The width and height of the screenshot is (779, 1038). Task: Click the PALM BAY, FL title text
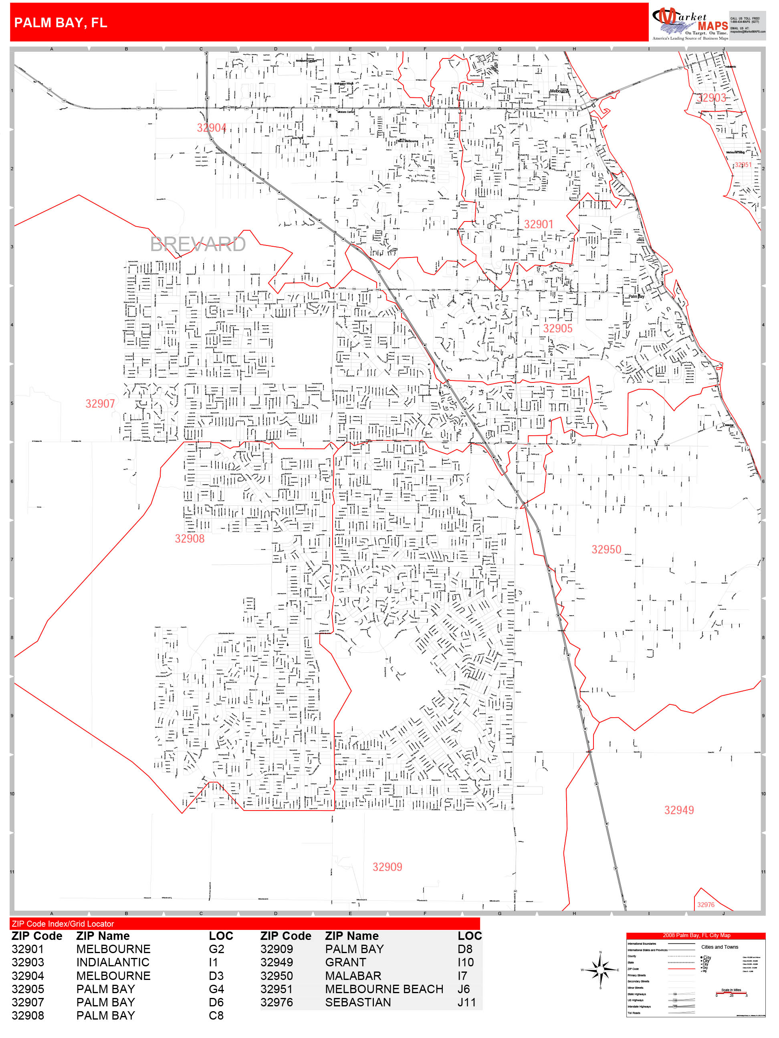coord(61,22)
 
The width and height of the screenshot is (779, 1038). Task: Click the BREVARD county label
coord(198,244)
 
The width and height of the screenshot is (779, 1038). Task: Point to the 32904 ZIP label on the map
coord(211,128)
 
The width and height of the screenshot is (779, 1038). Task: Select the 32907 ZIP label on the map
coord(100,404)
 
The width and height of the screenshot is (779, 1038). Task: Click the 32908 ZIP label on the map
coord(190,539)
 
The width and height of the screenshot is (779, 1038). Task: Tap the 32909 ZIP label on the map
coord(387,867)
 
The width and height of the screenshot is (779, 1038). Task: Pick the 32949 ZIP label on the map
coord(678,810)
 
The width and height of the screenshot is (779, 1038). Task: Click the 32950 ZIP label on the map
coord(606,549)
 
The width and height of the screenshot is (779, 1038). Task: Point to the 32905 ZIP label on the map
coord(558,328)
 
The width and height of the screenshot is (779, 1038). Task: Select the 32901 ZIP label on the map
coord(539,224)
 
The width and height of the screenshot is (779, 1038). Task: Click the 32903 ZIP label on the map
coord(711,98)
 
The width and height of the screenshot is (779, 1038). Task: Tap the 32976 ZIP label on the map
coord(705,905)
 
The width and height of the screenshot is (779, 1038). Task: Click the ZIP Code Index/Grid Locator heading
coord(63,923)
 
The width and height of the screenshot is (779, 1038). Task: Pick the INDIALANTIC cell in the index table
coord(113,962)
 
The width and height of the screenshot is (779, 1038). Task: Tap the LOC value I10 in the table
coord(465,962)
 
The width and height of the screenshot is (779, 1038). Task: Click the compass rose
coord(600,970)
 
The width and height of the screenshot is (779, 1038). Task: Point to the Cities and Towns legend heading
coord(719,947)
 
